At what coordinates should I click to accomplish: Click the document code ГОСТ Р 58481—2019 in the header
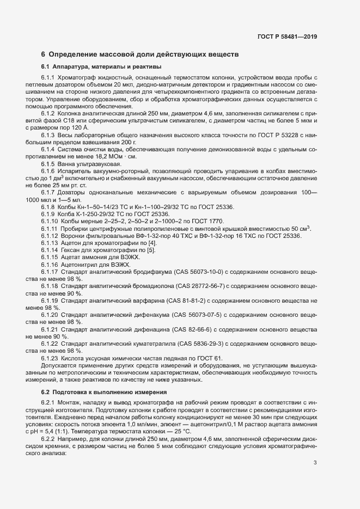[x=287, y=37]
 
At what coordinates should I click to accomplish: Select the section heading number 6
[x=43, y=54]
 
